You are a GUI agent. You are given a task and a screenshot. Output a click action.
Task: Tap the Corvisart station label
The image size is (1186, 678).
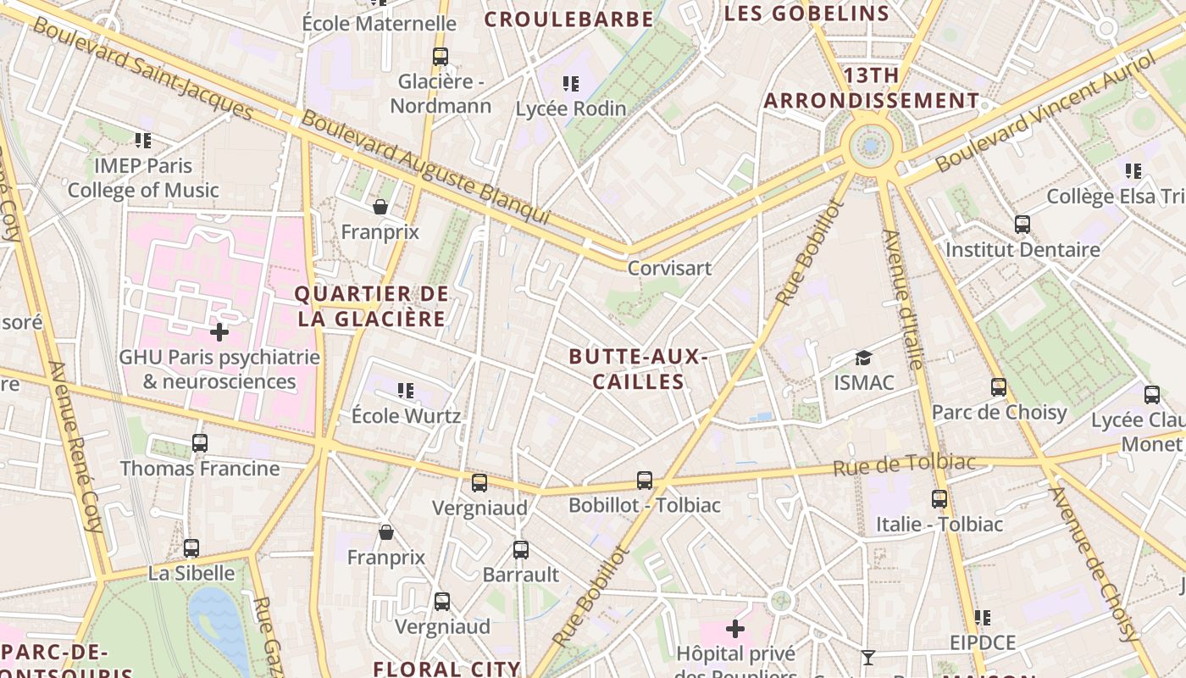tap(669, 268)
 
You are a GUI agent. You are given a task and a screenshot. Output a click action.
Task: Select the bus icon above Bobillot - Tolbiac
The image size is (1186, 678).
tap(645, 481)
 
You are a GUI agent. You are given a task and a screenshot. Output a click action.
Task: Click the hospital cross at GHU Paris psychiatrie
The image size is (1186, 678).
tap(219, 331)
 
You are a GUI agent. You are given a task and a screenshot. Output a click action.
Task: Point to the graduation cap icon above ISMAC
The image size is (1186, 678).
tap(863, 358)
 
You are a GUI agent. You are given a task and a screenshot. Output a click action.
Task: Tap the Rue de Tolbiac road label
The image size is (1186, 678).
tap(904, 464)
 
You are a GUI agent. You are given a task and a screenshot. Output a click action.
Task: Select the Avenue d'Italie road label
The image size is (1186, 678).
tap(903, 298)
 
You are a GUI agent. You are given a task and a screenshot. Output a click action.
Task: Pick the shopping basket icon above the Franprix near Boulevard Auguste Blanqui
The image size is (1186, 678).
tap(380, 207)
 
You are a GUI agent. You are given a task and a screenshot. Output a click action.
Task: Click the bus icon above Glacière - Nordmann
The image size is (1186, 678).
tap(441, 57)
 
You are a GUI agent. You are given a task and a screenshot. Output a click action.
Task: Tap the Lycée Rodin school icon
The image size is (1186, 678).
tap(571, 83)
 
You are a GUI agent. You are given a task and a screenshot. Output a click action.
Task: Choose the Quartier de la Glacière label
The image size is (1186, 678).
tap(371, 306)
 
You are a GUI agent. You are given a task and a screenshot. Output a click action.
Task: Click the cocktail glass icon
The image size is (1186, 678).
tap(868, 657)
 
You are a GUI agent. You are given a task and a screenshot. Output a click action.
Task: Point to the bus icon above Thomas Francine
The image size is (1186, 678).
tap(200, 442)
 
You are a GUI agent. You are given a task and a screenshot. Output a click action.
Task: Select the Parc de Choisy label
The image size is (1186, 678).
tap(999, 412)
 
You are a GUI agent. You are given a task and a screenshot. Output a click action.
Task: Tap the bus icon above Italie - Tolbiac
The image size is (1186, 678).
tap(939, 498)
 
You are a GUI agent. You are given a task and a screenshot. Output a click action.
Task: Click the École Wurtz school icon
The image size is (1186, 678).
tap(406, 391)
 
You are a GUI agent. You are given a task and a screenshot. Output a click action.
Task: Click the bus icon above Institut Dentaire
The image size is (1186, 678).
tap(1023, 225)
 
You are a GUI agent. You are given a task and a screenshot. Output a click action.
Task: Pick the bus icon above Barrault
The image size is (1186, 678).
tap(521, 549)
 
